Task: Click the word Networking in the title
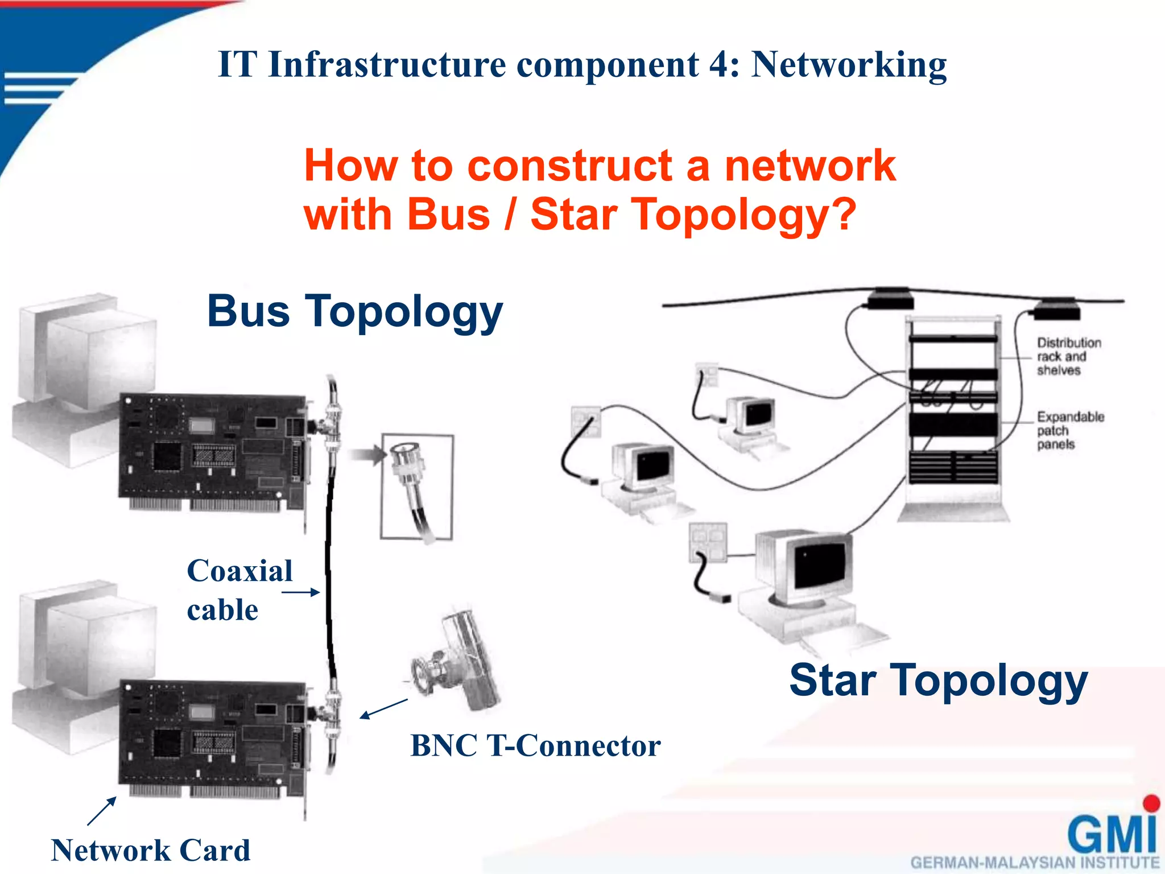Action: tap(849, 65)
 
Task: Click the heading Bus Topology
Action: tap(355, 312)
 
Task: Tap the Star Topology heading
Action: tap(938, 681)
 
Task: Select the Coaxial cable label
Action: tap(239, 590)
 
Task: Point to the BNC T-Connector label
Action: tap(535, 745)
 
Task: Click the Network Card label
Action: tap(150, 851)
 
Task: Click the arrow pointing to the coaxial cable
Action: tap(300, 592)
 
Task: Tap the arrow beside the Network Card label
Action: tap(102, 811)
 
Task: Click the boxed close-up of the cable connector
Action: tap(417, 487)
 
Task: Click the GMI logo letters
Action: tap(1112, 833)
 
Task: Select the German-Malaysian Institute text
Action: tap(1034, 863)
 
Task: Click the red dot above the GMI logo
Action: tap(1151, 803)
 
